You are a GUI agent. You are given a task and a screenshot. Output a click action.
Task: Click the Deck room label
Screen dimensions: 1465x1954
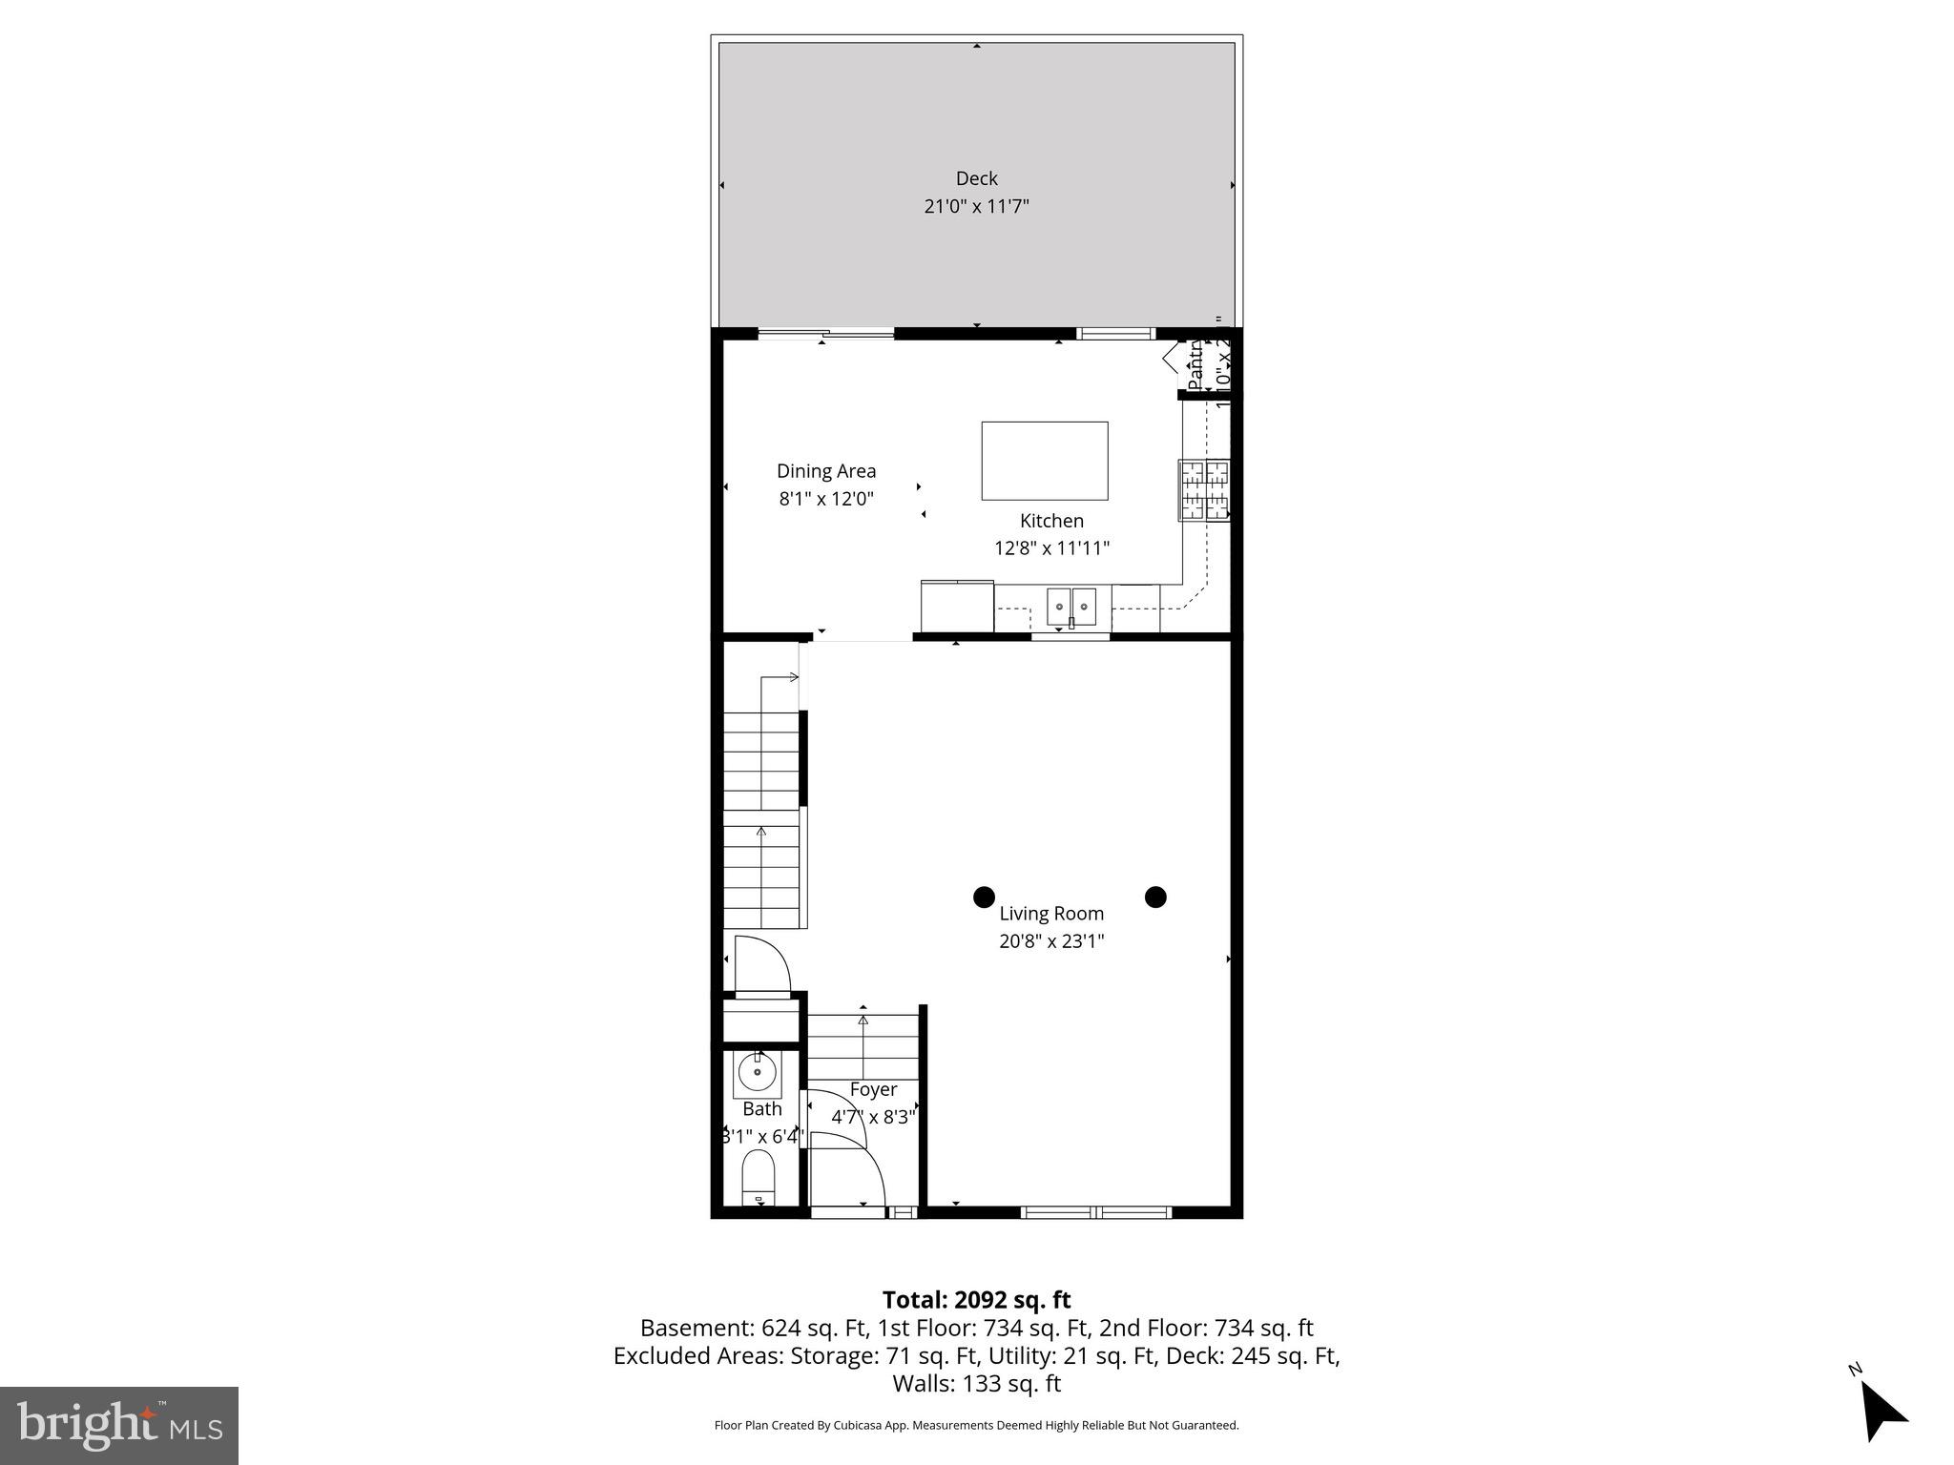976,178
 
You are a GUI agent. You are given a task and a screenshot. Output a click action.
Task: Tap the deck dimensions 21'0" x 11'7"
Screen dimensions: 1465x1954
976,206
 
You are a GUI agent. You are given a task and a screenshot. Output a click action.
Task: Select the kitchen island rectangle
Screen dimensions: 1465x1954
1045,461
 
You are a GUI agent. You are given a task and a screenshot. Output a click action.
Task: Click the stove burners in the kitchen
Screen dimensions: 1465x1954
1204,490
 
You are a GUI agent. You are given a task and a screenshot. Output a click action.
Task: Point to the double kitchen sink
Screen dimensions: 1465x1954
1071,607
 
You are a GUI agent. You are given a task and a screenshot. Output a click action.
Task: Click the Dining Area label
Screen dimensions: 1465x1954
825,471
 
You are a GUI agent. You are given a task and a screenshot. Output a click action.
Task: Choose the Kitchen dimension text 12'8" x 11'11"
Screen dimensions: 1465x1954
1051,548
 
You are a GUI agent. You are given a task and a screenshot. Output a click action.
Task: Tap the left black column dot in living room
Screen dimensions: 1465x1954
984,897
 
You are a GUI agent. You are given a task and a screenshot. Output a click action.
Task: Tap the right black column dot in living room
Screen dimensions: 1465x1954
1155,897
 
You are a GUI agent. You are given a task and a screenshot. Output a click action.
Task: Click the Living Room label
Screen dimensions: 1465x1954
1051,914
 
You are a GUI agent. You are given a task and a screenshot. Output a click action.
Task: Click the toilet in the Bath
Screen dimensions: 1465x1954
759,1177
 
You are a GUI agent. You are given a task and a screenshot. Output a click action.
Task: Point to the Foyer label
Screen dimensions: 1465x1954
873,1089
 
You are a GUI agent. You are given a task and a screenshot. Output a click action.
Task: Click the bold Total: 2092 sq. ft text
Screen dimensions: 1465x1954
976,1300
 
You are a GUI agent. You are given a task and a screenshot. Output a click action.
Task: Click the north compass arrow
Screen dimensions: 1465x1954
1881,1413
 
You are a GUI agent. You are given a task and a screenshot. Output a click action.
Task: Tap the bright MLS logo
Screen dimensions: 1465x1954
119,1425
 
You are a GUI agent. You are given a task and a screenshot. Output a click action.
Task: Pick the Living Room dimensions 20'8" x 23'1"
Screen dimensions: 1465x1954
1051,941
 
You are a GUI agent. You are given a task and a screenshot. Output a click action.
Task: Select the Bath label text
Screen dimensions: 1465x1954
762,1109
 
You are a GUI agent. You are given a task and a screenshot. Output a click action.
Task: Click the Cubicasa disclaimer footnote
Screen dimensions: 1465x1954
976,1425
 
